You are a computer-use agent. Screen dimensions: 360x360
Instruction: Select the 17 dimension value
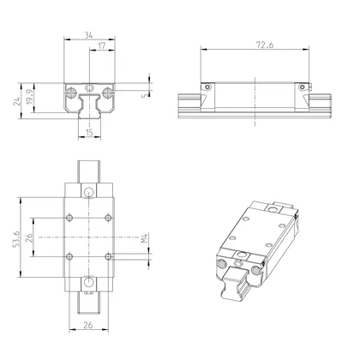click(x=102, y=47)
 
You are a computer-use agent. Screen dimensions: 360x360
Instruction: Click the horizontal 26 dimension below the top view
click(x=91, y=326)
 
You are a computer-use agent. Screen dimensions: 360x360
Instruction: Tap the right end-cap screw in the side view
click(x=303, y=87)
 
